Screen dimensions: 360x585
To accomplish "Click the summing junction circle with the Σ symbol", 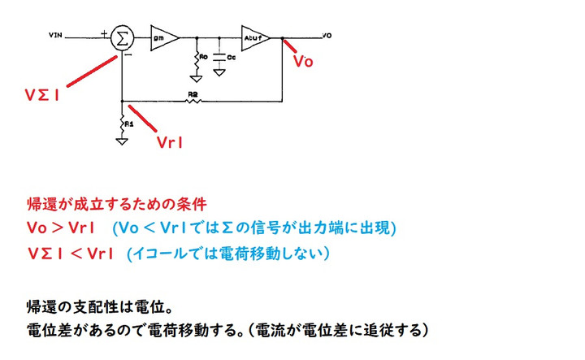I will pyautogui.click(x=123, y=37).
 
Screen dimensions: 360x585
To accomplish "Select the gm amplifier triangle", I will pyautogui.click(x=161, y=37).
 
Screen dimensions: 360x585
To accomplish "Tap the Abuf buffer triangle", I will pyautogui.click(x=253, y=37).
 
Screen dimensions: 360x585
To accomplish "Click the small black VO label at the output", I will pyautogui.click(x=327, y=36).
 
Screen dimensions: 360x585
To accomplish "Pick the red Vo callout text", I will pyautogui.click(x=303, y=62).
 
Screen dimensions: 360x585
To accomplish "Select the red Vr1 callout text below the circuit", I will pyautogui.click(x=169, y=141).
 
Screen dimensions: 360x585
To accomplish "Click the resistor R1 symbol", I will pyautogui.click(x=123, y=123).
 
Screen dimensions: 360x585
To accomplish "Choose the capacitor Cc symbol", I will pyautogui.click(x=219, y=58).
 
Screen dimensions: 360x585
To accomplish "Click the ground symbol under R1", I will pyautogui.click(x=122, y=141).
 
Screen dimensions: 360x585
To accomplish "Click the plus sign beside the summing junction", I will pyautogui.click(x=105, y=33).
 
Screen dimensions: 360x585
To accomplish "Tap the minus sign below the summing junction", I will pyautogui.click(x=128, y=56).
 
